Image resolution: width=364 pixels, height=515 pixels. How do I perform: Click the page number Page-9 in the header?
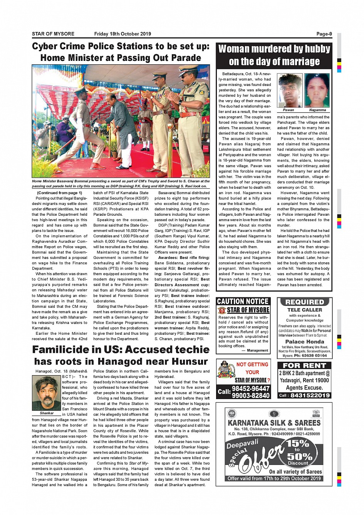pos(324,34)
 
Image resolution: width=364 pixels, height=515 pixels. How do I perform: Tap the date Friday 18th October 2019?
pos(122,34)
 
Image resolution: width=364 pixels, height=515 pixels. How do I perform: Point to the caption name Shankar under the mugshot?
pos(47,413)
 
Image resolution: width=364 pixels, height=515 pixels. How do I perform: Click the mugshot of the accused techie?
pos(47,393)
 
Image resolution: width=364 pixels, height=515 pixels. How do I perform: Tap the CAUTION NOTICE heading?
pos(243,302)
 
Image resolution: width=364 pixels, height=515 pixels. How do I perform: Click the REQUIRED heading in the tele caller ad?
pos(305,302)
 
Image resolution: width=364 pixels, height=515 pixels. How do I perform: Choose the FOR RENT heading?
pos(304,366)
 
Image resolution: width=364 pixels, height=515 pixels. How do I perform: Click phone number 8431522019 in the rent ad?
pos(310,395)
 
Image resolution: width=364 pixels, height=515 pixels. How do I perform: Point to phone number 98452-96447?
pos(251,389)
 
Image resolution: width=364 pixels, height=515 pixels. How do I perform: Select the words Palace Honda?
pos(305,342)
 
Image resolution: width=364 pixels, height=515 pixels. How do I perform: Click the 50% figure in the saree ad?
pos(299,456)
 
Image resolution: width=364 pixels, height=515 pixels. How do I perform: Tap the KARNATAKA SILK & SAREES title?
pos(274,423)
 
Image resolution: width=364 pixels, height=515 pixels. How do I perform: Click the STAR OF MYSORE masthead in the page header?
pos(53,34)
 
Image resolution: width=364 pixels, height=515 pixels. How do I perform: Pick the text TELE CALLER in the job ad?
pos(305,310)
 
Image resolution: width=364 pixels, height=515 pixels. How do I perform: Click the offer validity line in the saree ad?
pos(274,478)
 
